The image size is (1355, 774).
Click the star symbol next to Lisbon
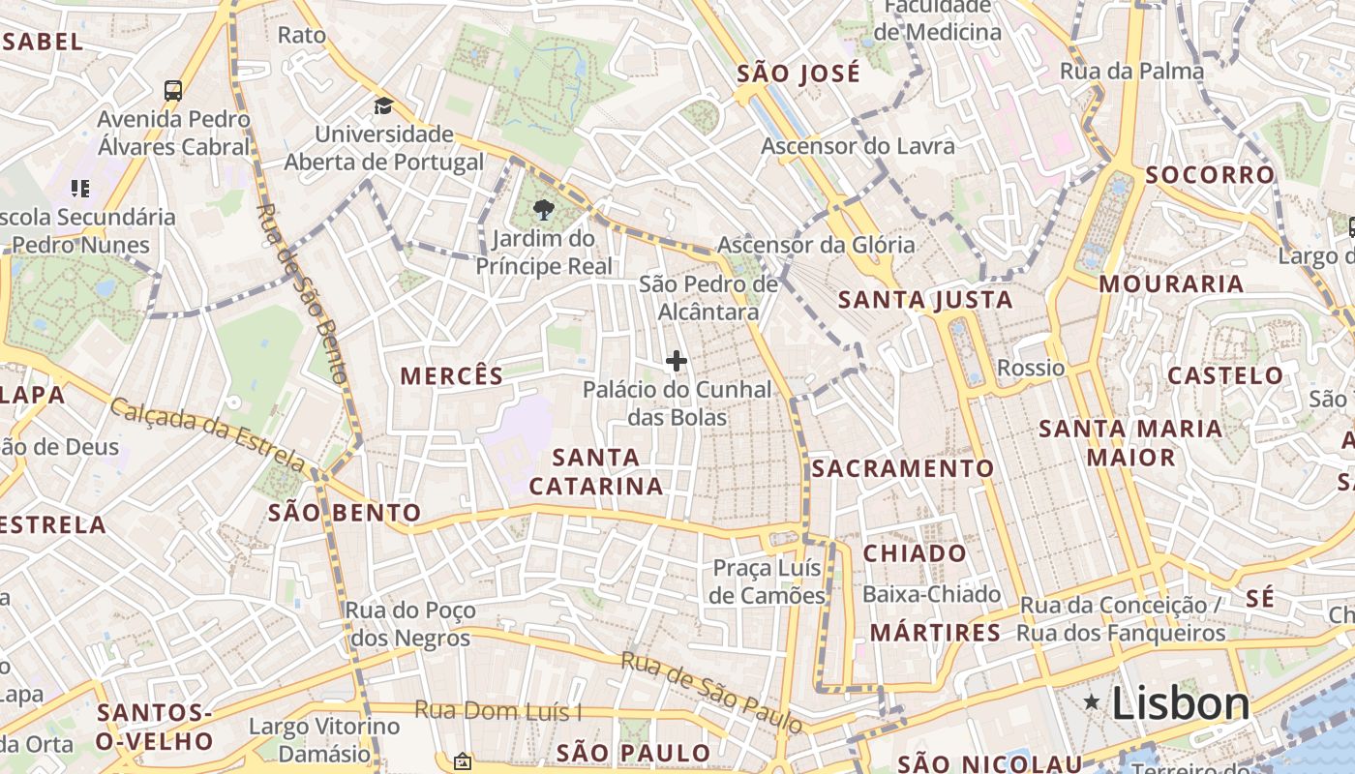coord(1092,701)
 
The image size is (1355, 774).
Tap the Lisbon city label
coord(1181,703)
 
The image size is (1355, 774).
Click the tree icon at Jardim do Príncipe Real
coord(544,209)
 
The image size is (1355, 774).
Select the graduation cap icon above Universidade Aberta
coord(384,105)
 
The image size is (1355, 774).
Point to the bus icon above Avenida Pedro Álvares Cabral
coord(173,91)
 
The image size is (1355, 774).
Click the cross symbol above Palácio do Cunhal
coord(677,361)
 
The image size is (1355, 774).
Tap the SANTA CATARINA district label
coord(596,471)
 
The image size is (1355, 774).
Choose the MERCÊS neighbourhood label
coord(452,375)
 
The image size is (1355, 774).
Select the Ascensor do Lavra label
coord(858,146)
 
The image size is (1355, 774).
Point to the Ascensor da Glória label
coord(816,245)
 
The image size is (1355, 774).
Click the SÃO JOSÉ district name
coord(798,74)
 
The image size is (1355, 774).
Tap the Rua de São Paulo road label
coord(711,693)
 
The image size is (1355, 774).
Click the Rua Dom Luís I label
coord(498,711)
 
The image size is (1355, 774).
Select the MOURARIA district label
coord(1171,283)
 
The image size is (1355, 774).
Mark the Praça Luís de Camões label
coord(767,581)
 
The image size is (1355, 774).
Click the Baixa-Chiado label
coord(931,593)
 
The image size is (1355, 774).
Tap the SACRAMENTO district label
coord(902,468)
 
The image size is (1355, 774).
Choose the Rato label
coord(301,36)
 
